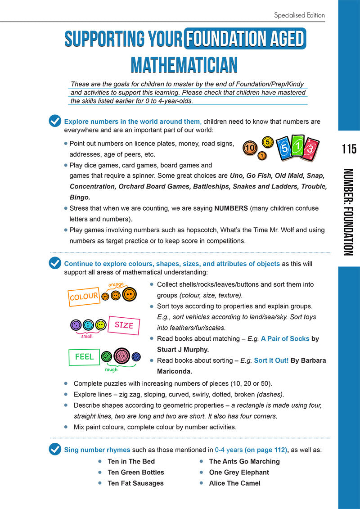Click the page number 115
click(x=349, y=149)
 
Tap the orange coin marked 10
click(x=250, y=147)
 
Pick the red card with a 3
click(x=311, y=150)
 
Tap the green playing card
click(x=297, y=146)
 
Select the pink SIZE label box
click(x=124, y=325)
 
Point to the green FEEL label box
click(x=84, y=357)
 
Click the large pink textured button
click(x=122, y=356)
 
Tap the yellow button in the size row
click(x=101, y=324)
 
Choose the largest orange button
click(x=129, y=294)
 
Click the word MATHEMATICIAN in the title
click(x=184, y=65)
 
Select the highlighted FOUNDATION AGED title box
click(x=245, y=39)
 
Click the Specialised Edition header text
click(x=299, y=15)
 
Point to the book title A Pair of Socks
click(x=285, y=339)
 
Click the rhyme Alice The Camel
click(x=234, y=483)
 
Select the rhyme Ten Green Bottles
click(x=136, y=473)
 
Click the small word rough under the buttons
click(x=111, y=370)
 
